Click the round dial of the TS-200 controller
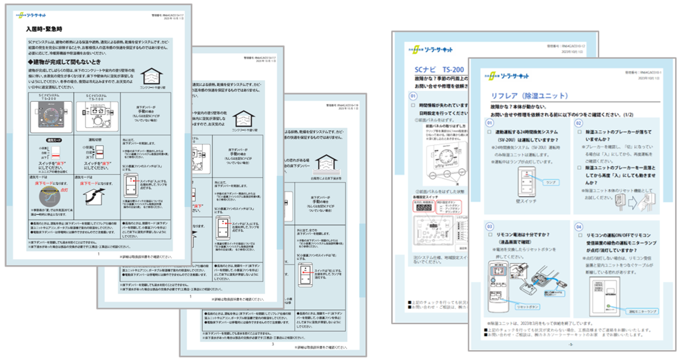52,114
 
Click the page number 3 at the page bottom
272,344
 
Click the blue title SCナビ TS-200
437,70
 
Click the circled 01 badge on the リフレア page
490,122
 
